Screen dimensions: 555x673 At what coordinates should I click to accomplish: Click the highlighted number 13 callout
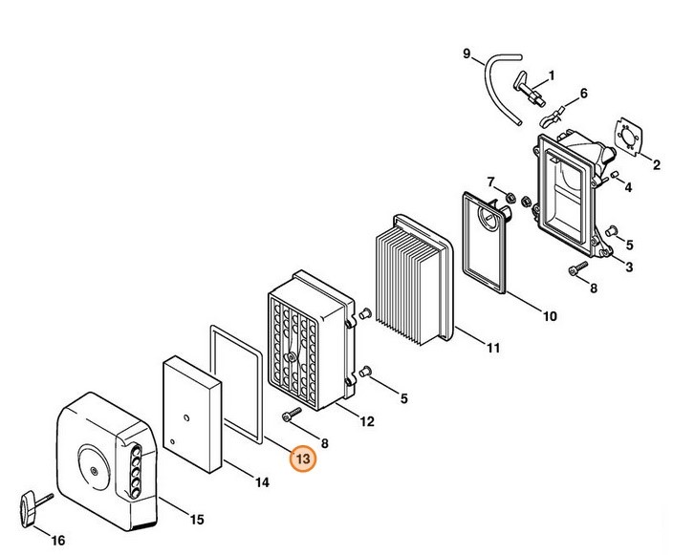(304, 459)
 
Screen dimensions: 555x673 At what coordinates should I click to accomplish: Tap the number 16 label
(57, 540)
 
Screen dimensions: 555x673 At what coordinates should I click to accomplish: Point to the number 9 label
(467, 53)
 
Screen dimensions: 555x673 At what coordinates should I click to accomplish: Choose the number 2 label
(657, 165)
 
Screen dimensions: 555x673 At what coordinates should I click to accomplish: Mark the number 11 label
(492, 349)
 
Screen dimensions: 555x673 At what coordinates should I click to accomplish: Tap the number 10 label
(550, 314)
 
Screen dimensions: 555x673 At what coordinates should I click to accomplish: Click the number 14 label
(261, 482)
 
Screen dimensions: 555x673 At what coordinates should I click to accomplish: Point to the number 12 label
(368, 420)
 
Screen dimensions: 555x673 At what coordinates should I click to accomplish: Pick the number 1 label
(551, 75)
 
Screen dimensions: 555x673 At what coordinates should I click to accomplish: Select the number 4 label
(628, 188)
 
